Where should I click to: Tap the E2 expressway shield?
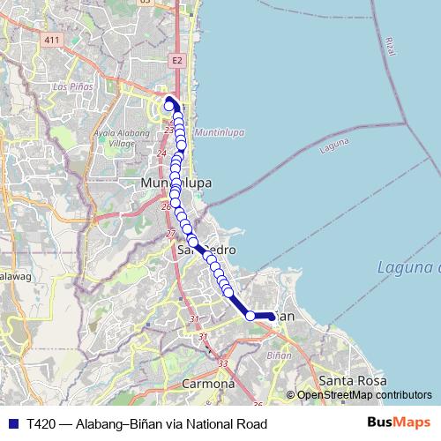click(177, 60)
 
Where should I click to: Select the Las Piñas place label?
click(71, 87)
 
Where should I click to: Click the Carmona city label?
click(208, 384)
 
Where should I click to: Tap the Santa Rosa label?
click(353, 380)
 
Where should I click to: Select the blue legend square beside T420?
click(12, 424)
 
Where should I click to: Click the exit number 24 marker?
click(161, 153)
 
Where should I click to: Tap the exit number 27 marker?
click(170, 234)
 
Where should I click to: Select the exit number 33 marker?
click(222, 363)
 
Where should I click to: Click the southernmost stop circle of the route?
click(250, 316)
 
